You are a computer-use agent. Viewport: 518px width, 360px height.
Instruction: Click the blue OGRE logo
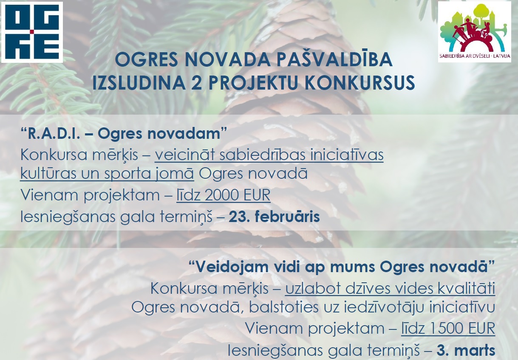[x=32, y=32]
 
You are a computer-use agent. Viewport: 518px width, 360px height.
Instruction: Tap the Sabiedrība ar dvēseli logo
[x=474, y=32]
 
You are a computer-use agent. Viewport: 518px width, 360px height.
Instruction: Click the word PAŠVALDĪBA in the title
[x=334, y=59]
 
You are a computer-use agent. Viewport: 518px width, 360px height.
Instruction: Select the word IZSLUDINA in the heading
[x=139, y=82]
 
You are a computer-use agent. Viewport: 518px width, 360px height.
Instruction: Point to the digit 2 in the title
[x=196, y=82]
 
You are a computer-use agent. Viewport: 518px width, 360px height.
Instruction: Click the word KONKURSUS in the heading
[x=359, y=82]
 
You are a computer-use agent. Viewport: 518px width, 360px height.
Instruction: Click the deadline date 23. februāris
[x=274, y=217]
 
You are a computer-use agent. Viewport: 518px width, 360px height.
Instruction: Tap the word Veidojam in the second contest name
[x=232, y=267]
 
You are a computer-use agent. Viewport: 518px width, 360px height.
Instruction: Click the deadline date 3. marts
[x=466, y=350]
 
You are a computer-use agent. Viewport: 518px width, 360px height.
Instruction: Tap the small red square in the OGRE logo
[x=32, y=32]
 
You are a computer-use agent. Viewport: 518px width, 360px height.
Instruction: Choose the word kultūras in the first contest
[x=48, y=173]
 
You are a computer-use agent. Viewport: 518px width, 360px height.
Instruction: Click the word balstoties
[x=284, y=307]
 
